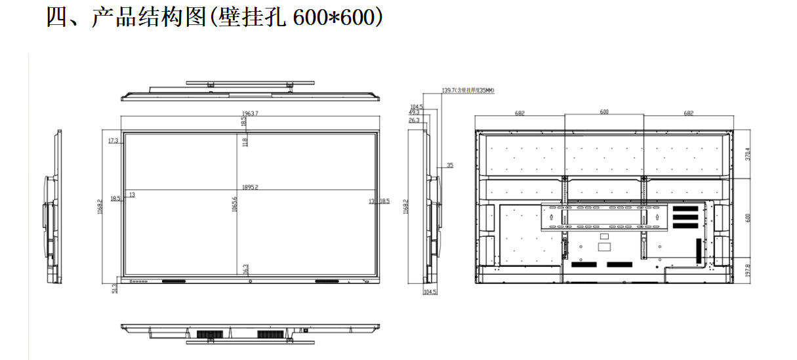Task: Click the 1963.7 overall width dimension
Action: [251, 113]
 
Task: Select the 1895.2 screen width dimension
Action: [251, 187]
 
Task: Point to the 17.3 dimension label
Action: [113, 140]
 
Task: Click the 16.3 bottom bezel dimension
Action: [245, 269]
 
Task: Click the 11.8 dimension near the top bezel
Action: [245, 141]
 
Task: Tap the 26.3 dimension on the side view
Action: [414, 121]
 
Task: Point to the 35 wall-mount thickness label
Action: [450, 166]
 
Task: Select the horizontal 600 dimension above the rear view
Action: [604, 112]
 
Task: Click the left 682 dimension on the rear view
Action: [520, 113]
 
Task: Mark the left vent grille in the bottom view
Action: [205, 334]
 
